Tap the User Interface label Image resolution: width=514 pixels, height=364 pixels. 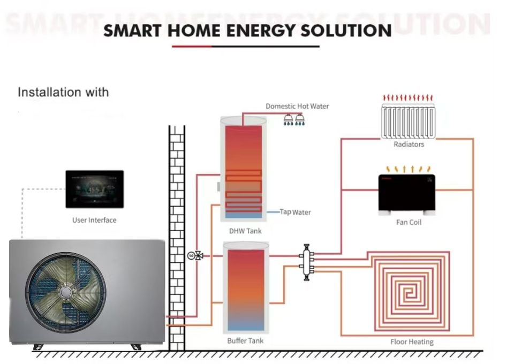(x=94, y=220)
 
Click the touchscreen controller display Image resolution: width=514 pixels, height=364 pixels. (x=94, y=189)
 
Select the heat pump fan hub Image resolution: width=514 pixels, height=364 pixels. (x=65, y=292)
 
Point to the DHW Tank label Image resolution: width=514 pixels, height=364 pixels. (x=245, y=231)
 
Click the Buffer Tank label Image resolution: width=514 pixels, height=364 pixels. (x=245, y=341)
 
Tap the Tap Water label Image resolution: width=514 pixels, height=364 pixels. (x=296, y=213)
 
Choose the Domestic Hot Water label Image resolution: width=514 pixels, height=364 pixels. (x=297, y=106)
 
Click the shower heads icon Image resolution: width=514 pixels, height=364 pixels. (x=294, y=119)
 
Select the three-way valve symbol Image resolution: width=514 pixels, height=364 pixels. (x=199, y=256)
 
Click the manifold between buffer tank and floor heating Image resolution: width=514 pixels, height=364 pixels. (x=307, y=262)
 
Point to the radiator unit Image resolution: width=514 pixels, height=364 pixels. (x=408, y=122)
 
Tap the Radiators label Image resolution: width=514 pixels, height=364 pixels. (x=409, y=145)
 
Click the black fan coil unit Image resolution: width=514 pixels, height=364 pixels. (x=406, y=192)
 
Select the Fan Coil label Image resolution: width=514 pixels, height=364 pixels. (x=409, y=222)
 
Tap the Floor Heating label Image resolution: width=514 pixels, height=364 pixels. (x=412, y=342)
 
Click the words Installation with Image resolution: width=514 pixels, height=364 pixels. (x=63, y=92)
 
